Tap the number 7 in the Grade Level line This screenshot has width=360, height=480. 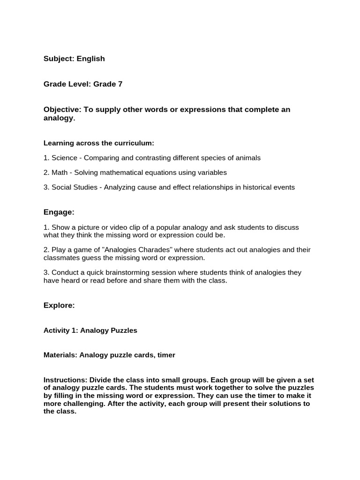coord(120,84)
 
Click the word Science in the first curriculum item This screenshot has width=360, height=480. coord(65,157)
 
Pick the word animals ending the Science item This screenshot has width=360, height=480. coord(247,157)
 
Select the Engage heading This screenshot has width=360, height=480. coord(59,212)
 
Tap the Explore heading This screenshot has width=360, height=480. coord(59,305)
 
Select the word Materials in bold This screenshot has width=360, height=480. coord(60,355)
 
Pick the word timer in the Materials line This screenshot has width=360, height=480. coord(166,355)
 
